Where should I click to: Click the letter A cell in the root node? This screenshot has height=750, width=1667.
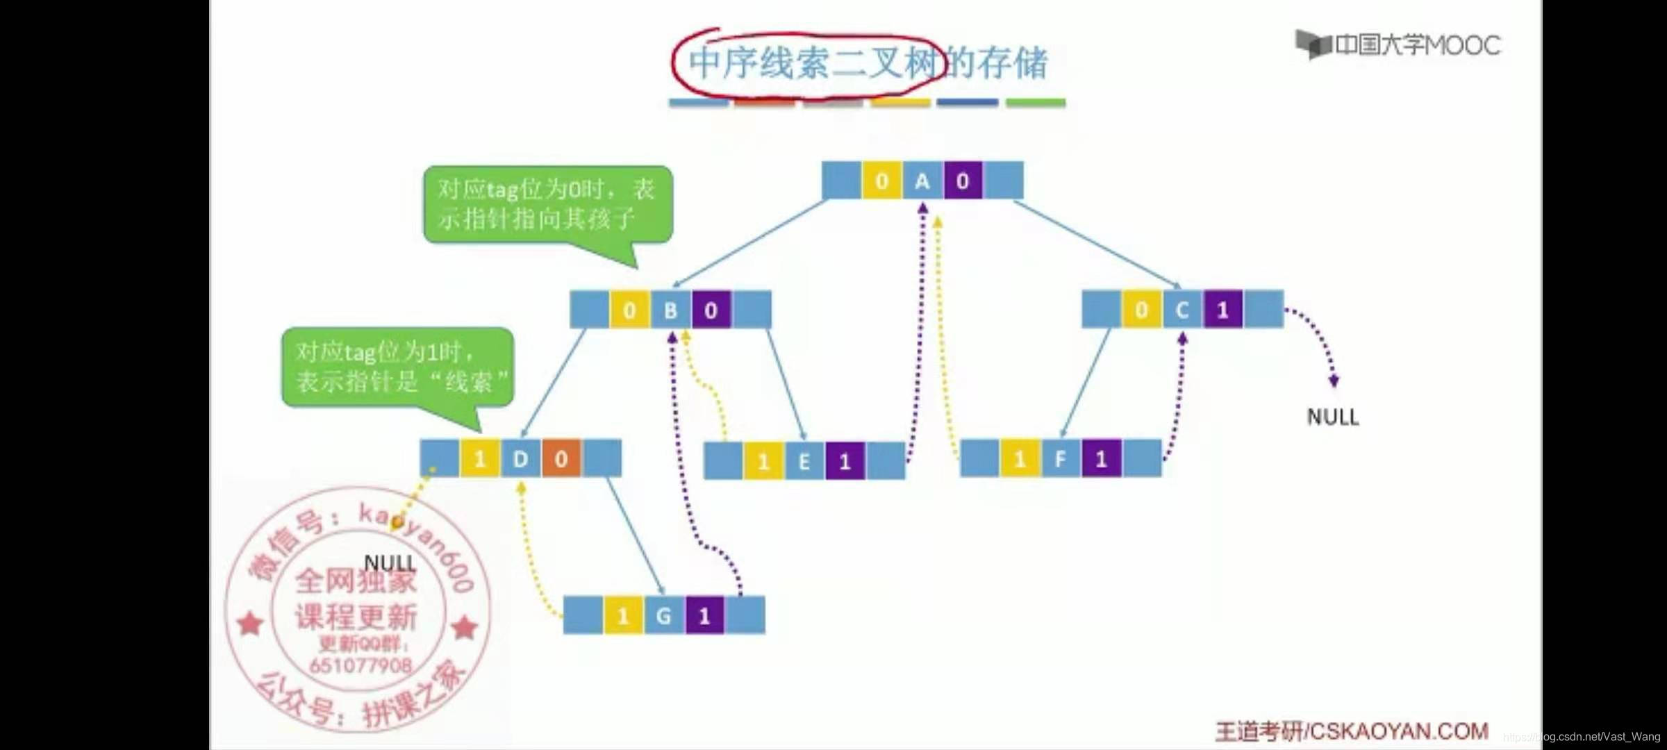point(922,181)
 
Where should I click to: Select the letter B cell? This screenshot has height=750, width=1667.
point(670,310)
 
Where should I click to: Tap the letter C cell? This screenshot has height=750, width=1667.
point(1182,310)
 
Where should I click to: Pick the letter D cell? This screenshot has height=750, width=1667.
point(520,458)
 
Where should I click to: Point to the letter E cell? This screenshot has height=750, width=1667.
point(804,461)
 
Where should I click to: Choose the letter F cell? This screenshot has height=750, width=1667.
point(1061,458)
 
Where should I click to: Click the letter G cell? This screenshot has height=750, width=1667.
point(663,615)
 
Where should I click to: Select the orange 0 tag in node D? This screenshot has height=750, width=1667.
point(561,458)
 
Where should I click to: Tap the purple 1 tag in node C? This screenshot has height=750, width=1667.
point(1223,310)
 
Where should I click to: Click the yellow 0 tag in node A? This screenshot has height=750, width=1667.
point(881,181)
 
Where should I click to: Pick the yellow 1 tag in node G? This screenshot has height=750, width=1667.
point(623,615)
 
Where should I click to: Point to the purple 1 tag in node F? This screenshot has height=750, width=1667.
point(1101,458)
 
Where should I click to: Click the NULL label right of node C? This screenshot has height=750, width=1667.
point(1332,417)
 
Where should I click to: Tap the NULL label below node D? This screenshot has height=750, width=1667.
point(390,562)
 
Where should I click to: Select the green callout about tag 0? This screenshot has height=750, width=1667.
point(547,204)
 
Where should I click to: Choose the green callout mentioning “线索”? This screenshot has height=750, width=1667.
point(397,367)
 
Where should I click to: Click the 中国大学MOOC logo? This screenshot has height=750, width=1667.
point(1398,45)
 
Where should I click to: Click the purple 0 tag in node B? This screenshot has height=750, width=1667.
point(711,310)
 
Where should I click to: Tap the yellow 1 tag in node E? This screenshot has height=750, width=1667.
point(763,461)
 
